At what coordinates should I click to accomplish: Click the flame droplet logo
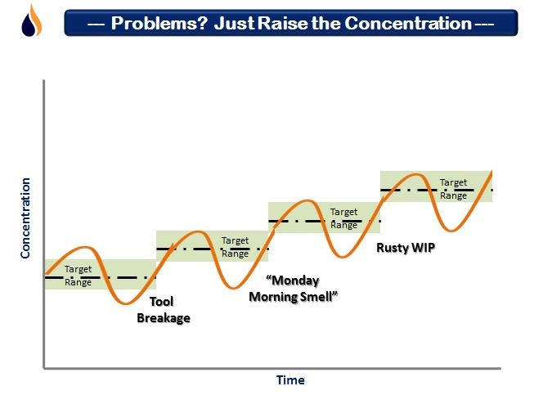(x=32, y=20)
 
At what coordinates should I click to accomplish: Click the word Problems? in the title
(x=159, y=24)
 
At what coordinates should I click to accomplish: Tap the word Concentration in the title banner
(x=408, y=24)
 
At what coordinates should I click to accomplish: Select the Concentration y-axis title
(x=25, y=218)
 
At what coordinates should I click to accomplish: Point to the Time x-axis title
(x=290, y=380)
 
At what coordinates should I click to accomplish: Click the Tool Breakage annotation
(x=164, y=310)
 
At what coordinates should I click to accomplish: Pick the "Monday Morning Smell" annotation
(x=294, y=289)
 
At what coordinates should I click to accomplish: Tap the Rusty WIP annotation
(x=406, y=248)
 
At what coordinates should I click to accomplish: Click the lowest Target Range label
(x=78, y=276)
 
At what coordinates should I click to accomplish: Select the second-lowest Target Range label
(x=236, y=247)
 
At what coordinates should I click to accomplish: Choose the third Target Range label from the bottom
(x=343, y=218)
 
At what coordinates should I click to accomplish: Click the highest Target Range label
(x=453, y=189)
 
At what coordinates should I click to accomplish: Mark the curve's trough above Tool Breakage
(x=125, y=303)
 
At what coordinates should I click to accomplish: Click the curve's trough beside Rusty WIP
(x=342, y=257)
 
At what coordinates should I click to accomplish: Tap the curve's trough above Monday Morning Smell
(x=234, y=287)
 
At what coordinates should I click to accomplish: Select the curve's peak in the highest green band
(x=414, y=174)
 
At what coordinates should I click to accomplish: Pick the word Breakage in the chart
(x=164, y=318)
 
